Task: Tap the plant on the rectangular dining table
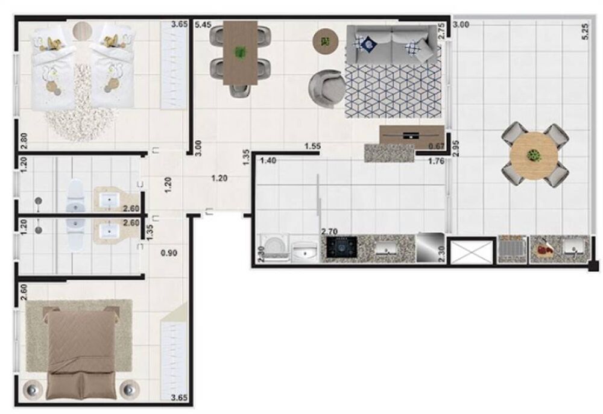(241, 52)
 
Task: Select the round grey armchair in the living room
(326, 87)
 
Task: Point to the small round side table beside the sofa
(326, 42)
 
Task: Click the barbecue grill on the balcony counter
(513, 249)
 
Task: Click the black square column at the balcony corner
(594, 266)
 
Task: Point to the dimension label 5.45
(203, 25)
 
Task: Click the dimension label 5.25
(584, 30)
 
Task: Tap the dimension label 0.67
(435, 146)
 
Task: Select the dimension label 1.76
(437, 161)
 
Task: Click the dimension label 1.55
(312, 146)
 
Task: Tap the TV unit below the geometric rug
(412, 134)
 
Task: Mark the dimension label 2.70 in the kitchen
(329, 231)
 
